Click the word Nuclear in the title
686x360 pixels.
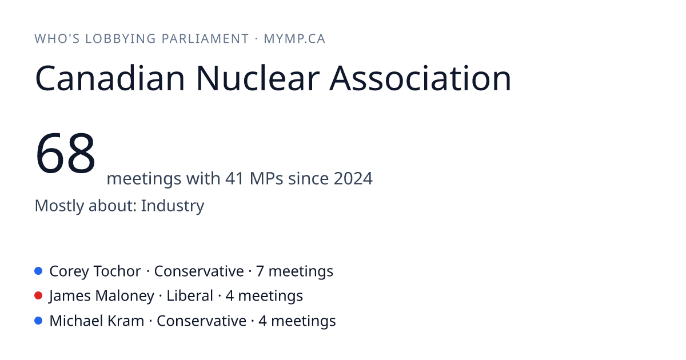[258, 78]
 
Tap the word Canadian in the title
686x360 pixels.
[110, 78]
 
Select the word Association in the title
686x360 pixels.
[420, 78]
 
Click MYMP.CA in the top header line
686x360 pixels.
[294, 39]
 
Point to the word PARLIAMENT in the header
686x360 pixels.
[205, 39]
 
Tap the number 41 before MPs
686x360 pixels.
[234, 178]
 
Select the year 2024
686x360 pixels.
[353, 178]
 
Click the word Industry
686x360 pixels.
[173, 206]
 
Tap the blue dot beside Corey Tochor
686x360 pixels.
[38, 271]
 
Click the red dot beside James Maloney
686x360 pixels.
[38, 296]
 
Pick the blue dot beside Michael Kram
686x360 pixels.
[38, 321]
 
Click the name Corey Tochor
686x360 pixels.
[95, 271]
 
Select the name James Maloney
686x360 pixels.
[102, 296]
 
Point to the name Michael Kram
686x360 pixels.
[97, 321]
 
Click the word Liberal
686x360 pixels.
[190, 296]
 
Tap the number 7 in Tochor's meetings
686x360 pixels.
[260, 271]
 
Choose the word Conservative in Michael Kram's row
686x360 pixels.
[201, 321]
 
